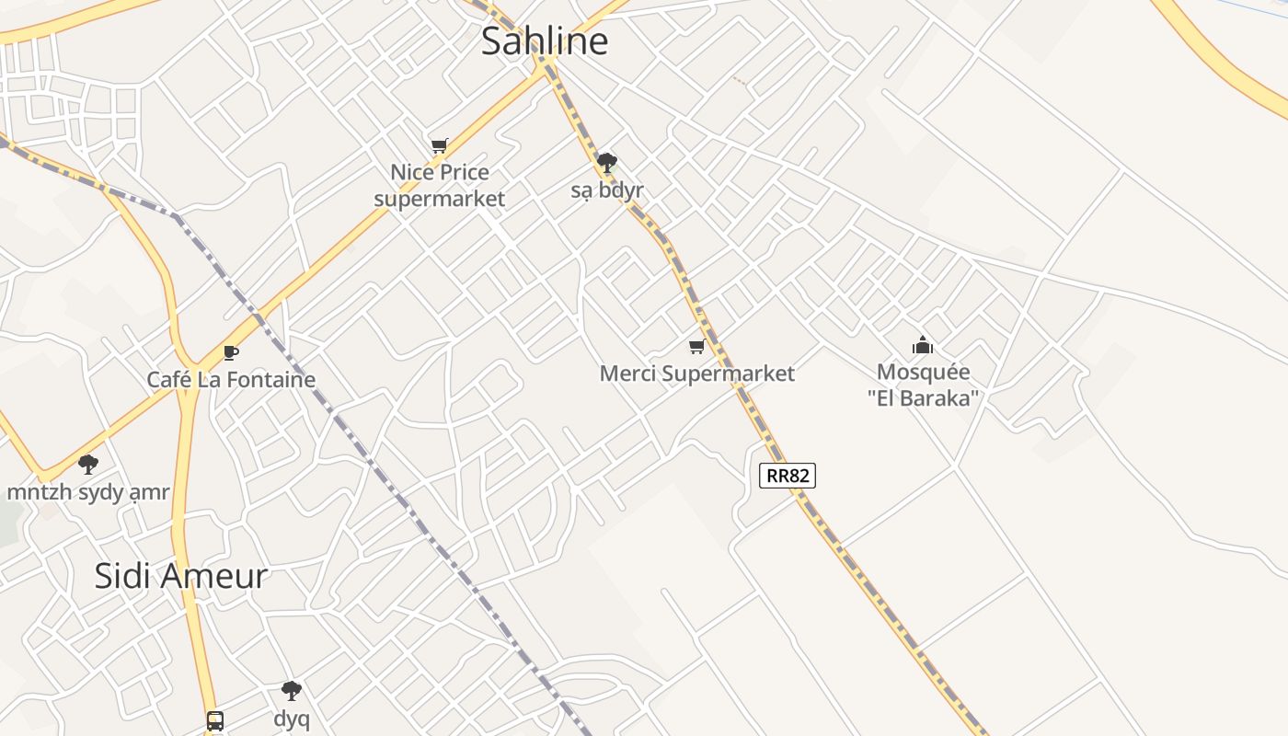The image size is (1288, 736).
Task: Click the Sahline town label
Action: tap(545, 41)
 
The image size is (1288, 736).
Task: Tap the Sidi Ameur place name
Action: tap(181, 576)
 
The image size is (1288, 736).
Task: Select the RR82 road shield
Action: tap(788, 476)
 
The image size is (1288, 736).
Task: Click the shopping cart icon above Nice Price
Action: tap(440, 145)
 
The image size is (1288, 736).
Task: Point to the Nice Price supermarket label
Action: tap(440, 185)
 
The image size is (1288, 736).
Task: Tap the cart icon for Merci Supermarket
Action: tap(696, 347)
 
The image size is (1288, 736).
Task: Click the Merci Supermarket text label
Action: tap(696, 374)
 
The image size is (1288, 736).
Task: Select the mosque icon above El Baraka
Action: tap(922, 346)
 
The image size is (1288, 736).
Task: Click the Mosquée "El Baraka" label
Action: tap(923, 385)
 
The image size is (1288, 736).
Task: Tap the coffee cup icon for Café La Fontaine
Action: tap(231, 352)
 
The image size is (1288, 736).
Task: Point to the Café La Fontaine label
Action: tap(231, 380)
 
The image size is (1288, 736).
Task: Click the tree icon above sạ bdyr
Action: tap(606, 164)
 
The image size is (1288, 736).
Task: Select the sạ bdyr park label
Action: tap(606, 191)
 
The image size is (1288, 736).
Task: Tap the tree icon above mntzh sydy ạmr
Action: tap(88, 465)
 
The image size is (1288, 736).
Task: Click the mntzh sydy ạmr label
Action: tap(88, 492)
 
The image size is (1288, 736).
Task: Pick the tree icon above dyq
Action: tap(292, 691)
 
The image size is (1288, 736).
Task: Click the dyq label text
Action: tap(292, 718)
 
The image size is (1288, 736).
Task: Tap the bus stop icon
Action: tap(215, 720)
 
